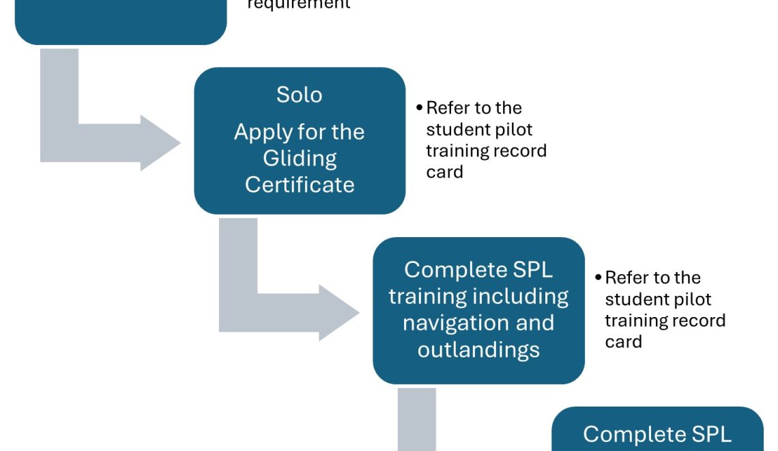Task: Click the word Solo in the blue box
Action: tap(299, 94)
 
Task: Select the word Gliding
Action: tap(300, 159)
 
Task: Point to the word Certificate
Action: tap(300, 184)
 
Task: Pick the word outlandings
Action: tap(478, 349)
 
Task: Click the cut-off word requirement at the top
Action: tap(299, 4)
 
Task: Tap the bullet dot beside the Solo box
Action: tap(419, 108)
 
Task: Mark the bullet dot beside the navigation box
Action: tap(598, 278)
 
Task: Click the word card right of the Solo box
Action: tap(444, 172)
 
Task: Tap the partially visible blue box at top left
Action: tap(120, 20)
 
